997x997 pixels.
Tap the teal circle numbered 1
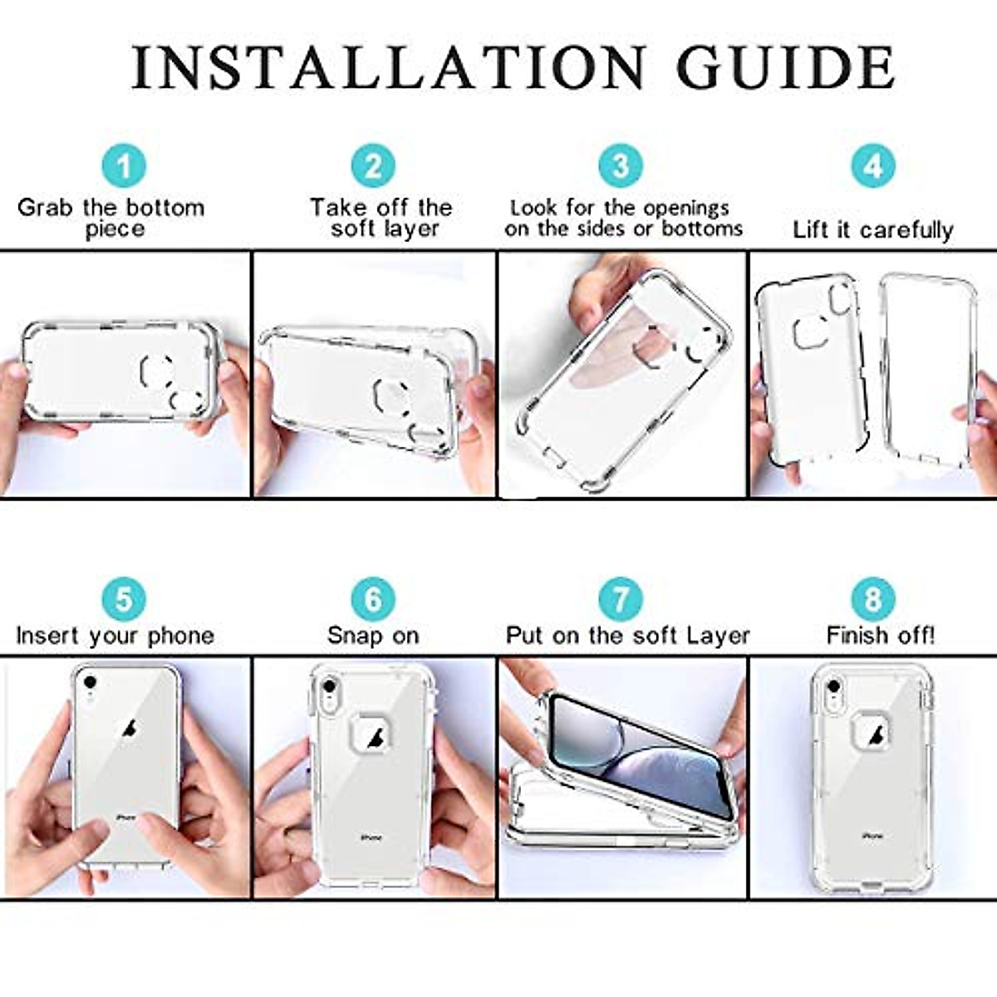124,166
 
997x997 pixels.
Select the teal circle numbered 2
373,166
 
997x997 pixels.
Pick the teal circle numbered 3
621,165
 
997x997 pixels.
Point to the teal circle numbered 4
872,166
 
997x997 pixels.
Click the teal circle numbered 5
124,599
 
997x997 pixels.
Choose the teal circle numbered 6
373,599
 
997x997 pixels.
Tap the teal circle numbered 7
621,599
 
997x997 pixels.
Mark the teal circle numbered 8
872,599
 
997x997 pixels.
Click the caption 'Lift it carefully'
872,229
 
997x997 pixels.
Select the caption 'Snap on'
373,636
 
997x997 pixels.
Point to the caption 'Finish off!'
880,636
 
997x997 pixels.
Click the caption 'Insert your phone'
115,636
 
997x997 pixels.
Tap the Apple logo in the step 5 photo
129,729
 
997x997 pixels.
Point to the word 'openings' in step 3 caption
686,207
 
